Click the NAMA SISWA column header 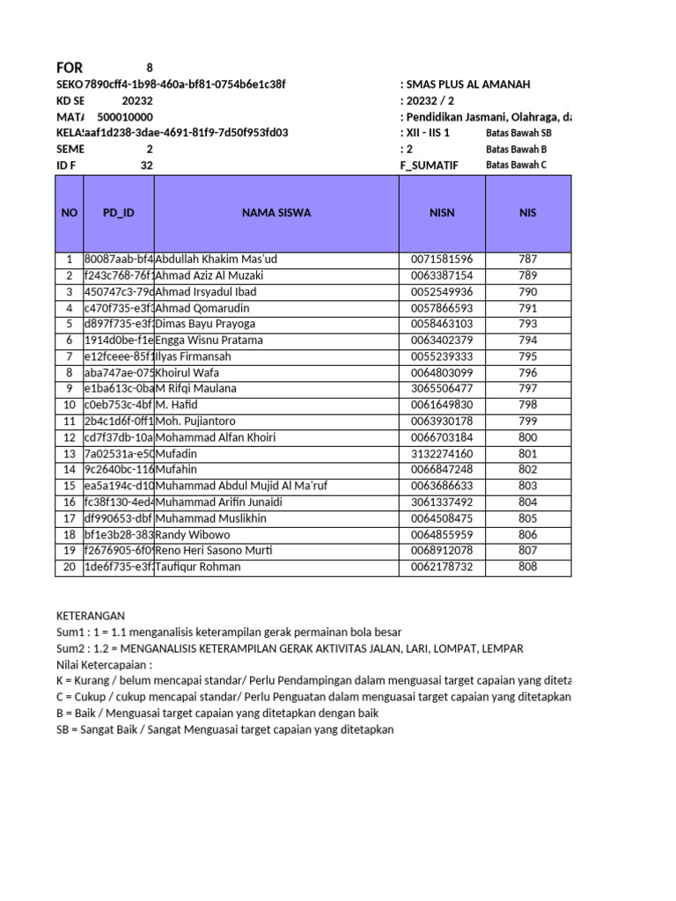coord(277,213)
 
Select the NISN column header coord(442,213)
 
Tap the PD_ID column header coord(118,213)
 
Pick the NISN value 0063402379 coord(442,341)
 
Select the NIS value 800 coord(528,437)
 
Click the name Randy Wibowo coord(193,535)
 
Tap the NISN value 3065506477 coord(442,389)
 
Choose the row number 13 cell coord(69,454)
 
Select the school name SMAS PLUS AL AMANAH coord(468,84)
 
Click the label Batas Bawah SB coord(518,133)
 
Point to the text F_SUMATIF coord(429,165)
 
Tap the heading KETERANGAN coord(90,616)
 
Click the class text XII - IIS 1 coord(428,133)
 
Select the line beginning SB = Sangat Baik coord(224,730)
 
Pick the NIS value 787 coord(528,260)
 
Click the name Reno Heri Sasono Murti coord(214,551)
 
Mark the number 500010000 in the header coord(124,117)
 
